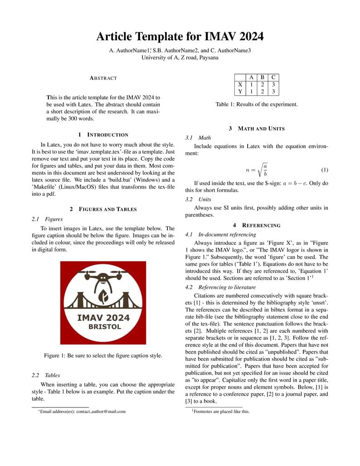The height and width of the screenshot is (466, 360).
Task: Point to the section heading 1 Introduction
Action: pyautogui.click(x=103, y=135)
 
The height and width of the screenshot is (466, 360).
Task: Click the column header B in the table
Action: pyautogui.click(x=262, y=77)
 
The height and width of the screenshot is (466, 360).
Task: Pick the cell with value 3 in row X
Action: pyautogui.click(x=273, y=84)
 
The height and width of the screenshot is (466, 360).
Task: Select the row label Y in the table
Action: pyautogui.click(x=240, y=92)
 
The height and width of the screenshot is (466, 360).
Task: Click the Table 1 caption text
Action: pyautogui.click(x=257, y=104)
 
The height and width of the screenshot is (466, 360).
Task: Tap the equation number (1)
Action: pyautogui.click(x=324, y=170)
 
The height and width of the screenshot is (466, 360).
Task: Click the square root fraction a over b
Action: pyautogui.click(x=263, y=170)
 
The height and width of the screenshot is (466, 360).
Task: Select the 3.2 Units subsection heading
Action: pyautogui.click(x=198, y=199)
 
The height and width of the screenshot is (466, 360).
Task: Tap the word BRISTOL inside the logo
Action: pyautogui.click(x=104, y=326)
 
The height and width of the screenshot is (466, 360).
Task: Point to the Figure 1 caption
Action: pyautogui.click(x=103, y=355)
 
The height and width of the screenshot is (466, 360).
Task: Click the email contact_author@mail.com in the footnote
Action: pyautogui.click(x=101, y=412)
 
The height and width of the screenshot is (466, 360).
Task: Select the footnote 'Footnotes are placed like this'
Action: pyautogui.click(x=221, y=412)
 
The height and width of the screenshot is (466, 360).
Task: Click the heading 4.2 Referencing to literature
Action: pyautogui.click(x=220, y=287)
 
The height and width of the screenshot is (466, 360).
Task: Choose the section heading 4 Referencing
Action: pyautogui.click(x=257, y=225)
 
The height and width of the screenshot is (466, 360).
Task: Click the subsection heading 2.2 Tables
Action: pyautogui.click(x=46, y=375)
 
